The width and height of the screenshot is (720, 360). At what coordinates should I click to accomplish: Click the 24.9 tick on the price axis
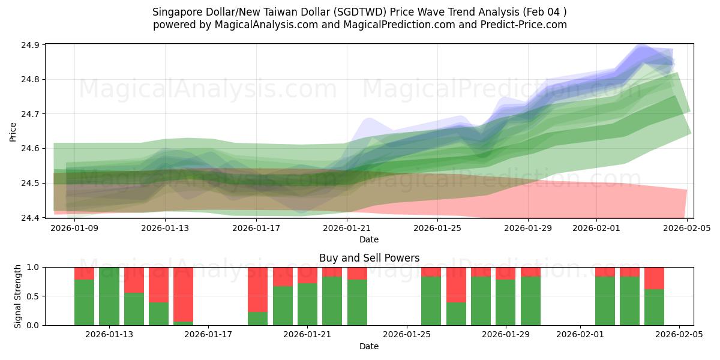[x=32, y=45]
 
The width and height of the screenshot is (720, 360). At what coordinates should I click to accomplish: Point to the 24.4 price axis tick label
[x=32, y=217]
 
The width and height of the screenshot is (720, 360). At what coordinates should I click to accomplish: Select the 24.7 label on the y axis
[x=32, y=114]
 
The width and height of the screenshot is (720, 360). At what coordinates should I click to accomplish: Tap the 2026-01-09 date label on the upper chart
[x=74, y=228]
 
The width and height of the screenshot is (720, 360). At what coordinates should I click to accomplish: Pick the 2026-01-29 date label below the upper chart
[x=528, y=228]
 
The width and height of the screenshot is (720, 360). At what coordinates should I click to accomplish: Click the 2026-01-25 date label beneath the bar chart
[x=407, y=335]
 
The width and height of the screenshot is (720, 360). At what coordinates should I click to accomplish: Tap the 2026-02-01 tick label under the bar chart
[x=580, y=335]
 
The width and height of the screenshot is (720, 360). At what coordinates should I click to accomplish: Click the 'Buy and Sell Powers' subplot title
[x=369, y=259]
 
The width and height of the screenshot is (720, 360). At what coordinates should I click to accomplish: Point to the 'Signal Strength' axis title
[x=18, y=296]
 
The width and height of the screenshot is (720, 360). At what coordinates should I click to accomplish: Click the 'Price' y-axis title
[x=13, y=131]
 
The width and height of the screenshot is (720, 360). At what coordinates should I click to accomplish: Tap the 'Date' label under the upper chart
[x=369, y=239]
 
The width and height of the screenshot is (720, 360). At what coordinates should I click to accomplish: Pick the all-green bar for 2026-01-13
[x=109, y=296]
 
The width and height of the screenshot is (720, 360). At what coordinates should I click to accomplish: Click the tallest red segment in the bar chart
[x=184, y=294]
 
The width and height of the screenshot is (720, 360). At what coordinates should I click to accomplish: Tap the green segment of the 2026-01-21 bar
[x=307, y=304]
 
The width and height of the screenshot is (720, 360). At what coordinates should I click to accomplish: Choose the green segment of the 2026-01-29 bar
[x=506, y=302]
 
